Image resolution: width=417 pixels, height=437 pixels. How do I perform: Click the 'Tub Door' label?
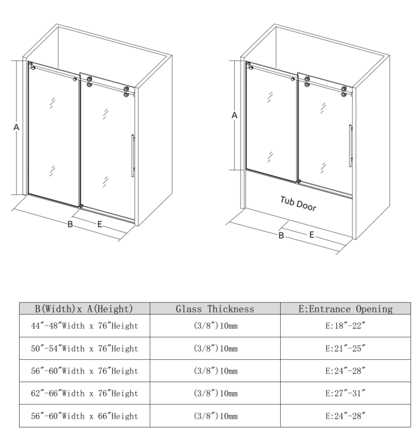point(298,204)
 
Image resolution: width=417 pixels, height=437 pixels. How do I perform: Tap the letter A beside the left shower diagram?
point(16,127)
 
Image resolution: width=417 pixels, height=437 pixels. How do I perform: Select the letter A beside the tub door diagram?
point(234,115)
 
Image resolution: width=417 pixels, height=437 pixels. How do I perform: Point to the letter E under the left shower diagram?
point(100,224)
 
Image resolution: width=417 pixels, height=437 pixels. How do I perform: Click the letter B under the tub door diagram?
point(281,236)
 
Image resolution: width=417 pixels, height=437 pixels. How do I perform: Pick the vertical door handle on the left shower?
point(133,156)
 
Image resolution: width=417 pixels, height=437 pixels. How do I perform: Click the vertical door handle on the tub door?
point(350,146)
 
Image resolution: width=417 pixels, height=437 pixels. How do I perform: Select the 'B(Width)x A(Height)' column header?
point(84,309)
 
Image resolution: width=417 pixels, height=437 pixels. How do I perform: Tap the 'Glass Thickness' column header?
point(215,309)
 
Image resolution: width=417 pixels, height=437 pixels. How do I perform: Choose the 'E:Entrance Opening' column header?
point(346,309)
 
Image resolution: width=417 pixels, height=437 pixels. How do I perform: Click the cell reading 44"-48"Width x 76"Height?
point(85,326)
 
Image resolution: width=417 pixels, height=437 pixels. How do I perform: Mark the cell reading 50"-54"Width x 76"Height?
point(85,348)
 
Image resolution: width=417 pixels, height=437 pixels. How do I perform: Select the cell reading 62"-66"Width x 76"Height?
point(85,393)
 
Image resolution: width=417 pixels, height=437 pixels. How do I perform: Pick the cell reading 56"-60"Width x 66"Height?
point(85,416)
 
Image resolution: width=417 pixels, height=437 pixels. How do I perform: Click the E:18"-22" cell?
point(345,326)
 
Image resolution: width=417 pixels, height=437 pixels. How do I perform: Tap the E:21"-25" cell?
point(345,348)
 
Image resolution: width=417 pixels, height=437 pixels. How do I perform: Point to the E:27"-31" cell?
point(345,393)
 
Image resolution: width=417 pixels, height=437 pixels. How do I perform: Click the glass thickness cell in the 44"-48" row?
point(215,326)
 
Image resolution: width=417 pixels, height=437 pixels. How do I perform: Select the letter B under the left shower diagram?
point(70,224)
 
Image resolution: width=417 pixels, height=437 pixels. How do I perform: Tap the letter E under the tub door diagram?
point(312,235)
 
